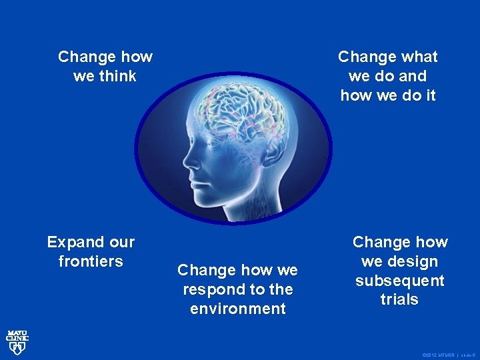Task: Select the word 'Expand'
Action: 72,242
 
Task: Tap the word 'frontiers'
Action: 91,261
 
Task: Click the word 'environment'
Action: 238,309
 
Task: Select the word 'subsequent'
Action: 399,281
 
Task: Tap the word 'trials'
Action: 399,300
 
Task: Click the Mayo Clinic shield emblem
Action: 17,348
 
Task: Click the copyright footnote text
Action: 447,355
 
